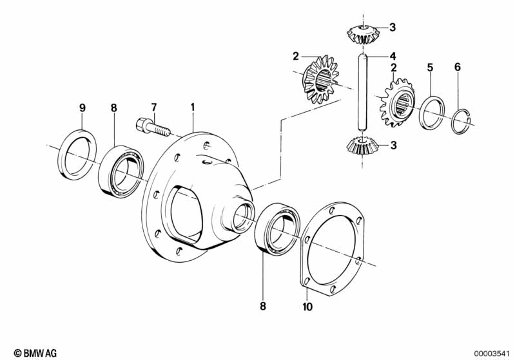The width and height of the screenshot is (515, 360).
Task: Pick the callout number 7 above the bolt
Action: click(153, 106)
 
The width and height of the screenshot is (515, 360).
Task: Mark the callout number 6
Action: click(457, 67)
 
